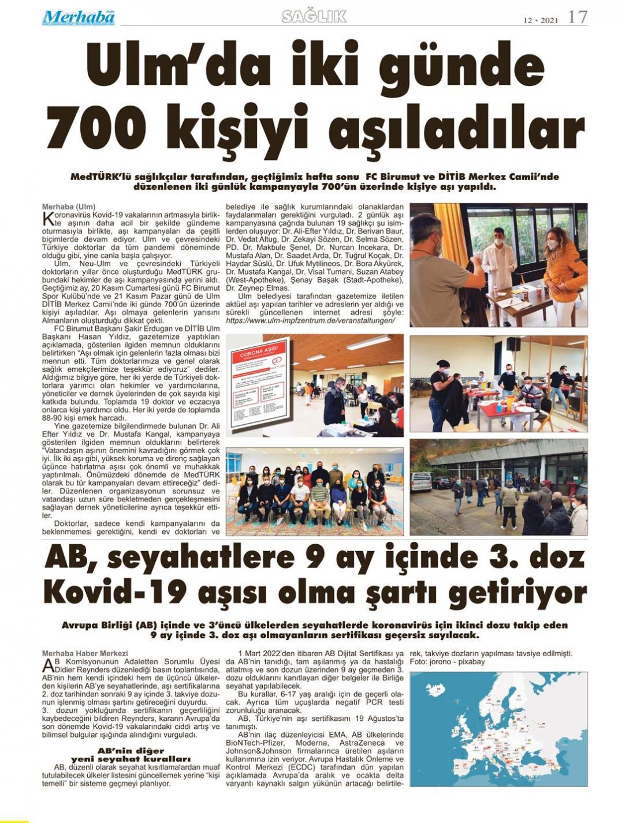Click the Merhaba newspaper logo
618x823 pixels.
78,17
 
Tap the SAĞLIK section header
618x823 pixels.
314,17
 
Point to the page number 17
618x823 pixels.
577,17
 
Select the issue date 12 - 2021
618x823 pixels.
541,20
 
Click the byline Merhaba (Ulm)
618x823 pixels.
69,207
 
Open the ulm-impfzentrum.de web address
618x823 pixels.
311,320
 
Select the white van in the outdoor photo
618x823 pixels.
421,481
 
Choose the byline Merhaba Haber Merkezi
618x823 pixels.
80,654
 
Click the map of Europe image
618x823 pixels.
498,727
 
